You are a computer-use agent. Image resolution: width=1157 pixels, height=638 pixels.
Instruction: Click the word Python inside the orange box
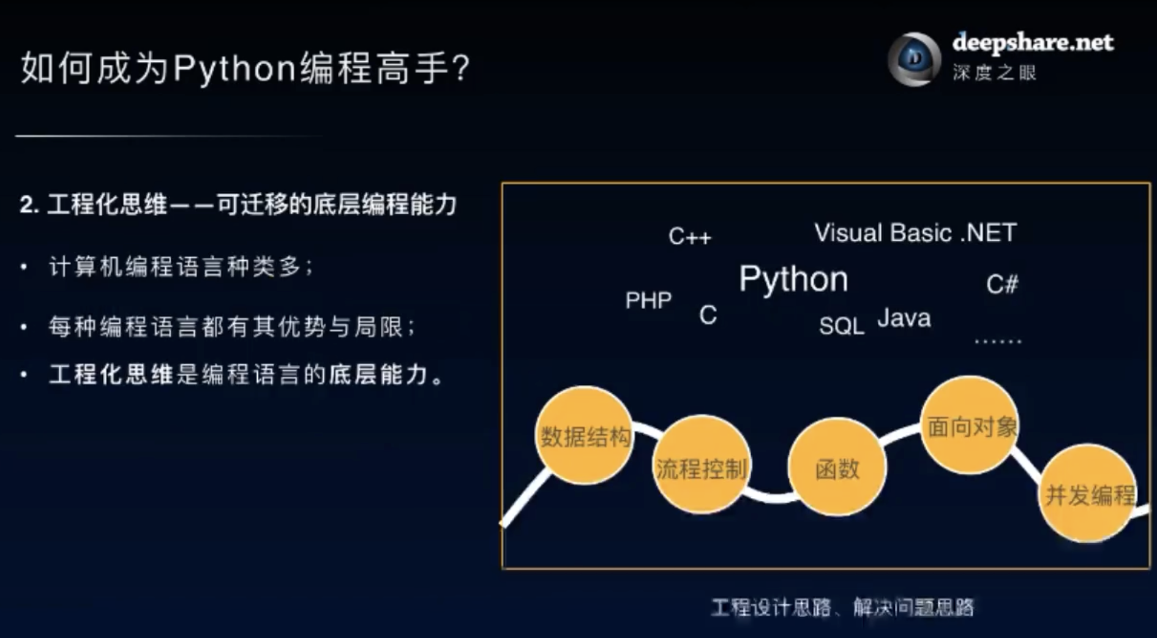pos(793,279)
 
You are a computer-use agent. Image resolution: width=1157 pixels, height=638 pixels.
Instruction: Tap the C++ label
pos(690,236)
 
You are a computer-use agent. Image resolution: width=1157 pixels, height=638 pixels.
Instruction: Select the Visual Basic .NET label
pos(915,233)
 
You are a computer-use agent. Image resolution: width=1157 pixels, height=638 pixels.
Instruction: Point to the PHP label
pos(648,300)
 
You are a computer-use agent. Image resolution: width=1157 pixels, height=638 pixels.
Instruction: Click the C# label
pos(1002,284)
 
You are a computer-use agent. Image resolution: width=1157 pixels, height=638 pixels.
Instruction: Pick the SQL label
pos(841,326)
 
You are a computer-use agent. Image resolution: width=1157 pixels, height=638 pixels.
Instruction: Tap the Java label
pos(904,318)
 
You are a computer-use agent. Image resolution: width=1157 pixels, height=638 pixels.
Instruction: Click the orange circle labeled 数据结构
pos(584,435)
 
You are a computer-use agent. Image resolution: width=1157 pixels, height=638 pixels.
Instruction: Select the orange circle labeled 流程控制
pos(701,465)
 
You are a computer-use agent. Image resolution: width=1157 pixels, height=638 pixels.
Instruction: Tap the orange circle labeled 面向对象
pos(970,425)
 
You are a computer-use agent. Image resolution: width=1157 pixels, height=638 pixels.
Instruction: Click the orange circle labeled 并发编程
pos(1088,494)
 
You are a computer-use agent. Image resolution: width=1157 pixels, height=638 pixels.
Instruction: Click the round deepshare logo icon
pos(915,59)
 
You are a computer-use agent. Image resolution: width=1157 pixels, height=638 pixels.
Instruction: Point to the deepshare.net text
pos(1033,42)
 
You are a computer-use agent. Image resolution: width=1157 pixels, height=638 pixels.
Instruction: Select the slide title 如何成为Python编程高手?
pos(245,68)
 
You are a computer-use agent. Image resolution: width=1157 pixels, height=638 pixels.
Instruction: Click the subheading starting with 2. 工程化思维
pos(238,205)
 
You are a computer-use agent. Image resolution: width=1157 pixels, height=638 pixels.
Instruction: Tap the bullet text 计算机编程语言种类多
pos(181,267)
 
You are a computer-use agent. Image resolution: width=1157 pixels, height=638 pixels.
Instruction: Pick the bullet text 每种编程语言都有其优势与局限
pos(233,326)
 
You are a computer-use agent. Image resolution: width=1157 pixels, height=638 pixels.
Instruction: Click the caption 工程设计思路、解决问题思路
pos(842,607)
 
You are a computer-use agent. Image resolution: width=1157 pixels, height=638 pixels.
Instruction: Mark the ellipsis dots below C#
pos(998,340)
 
